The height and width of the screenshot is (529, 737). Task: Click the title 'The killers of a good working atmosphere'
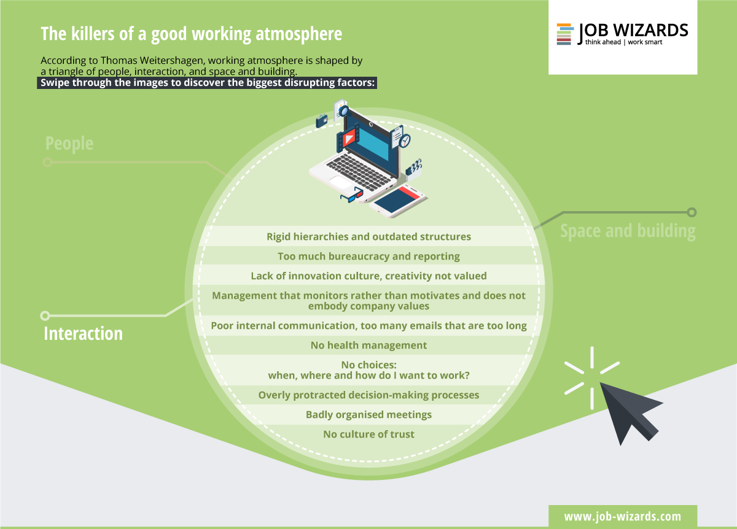click(191, 34)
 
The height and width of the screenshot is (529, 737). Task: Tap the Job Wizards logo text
click(633, 34)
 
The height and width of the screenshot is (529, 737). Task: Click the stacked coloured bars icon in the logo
click(564, 34)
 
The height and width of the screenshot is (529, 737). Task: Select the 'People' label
click(69, 144)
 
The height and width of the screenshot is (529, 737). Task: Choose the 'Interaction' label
click(84, 333)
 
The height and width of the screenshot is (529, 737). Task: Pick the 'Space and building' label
click(628, 231)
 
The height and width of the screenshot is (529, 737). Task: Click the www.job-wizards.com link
click(623, 517)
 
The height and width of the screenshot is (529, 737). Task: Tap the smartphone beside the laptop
click(398, 201)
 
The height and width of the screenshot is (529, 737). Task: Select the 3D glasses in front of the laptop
click(352, 195)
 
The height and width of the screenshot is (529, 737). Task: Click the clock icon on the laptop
click(404, 141)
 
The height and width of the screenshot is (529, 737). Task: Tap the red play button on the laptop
click(349, 139)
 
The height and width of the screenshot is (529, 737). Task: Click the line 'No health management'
click(368, 346)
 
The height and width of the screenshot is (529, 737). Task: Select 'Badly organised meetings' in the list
click(368, 415)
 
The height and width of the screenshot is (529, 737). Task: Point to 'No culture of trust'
click(368, 434)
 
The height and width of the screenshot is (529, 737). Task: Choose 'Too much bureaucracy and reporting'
click(368, 256)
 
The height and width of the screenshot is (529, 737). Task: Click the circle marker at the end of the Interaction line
click(45, 315)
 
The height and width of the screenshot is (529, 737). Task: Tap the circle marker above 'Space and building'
click(692, 212)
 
